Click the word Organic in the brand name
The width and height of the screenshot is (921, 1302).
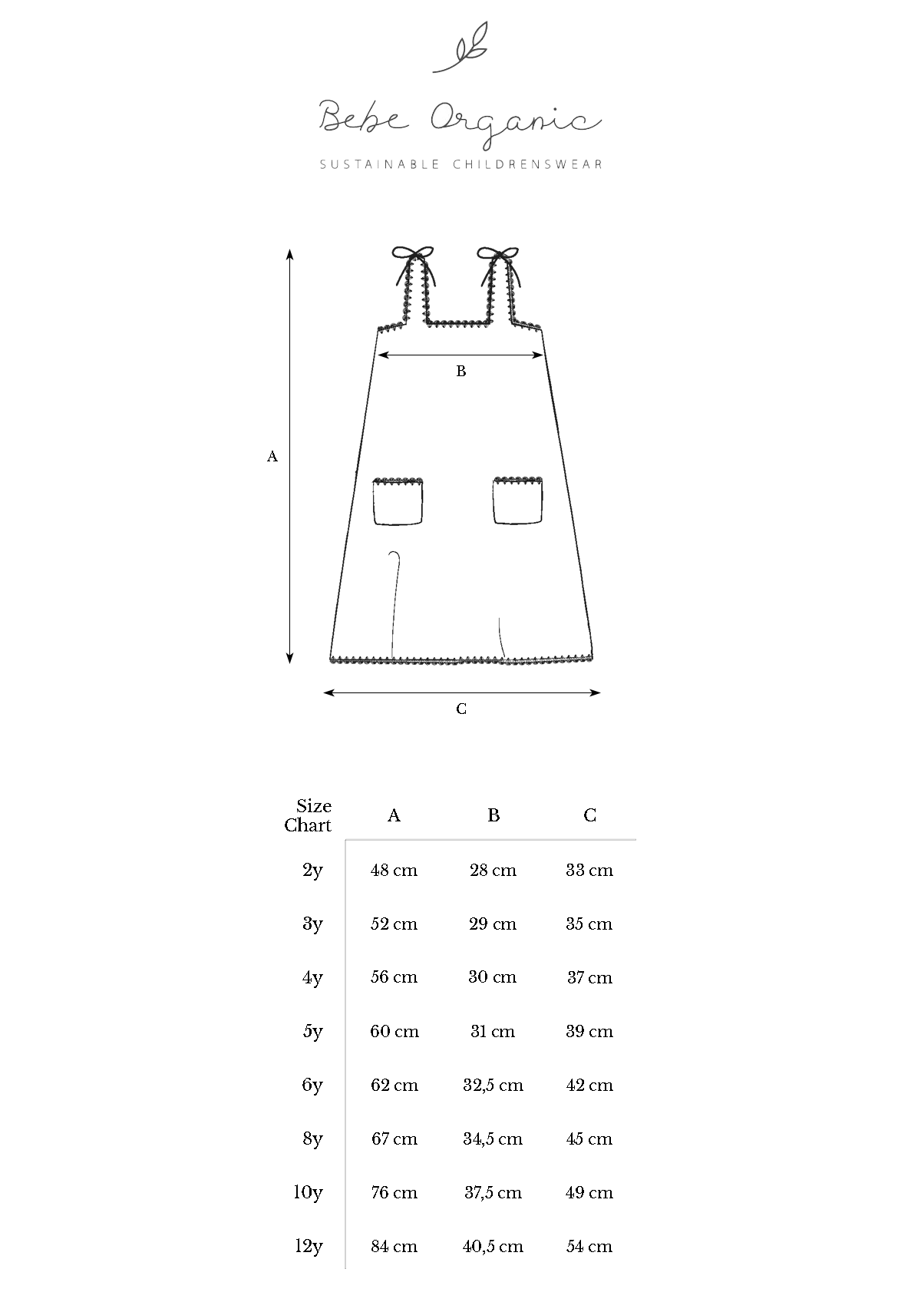(x=516, y=121)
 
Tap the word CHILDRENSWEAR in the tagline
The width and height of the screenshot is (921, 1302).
(x=527, y=164)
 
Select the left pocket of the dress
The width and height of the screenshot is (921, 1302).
(x=398, y=501)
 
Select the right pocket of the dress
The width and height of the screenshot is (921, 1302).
(x=518, y=501)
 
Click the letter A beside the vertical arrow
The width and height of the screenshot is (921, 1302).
(x=272, y=457)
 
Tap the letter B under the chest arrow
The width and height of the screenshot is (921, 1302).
(x=460, y=371)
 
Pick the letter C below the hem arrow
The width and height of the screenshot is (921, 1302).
(x=460, y=709)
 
